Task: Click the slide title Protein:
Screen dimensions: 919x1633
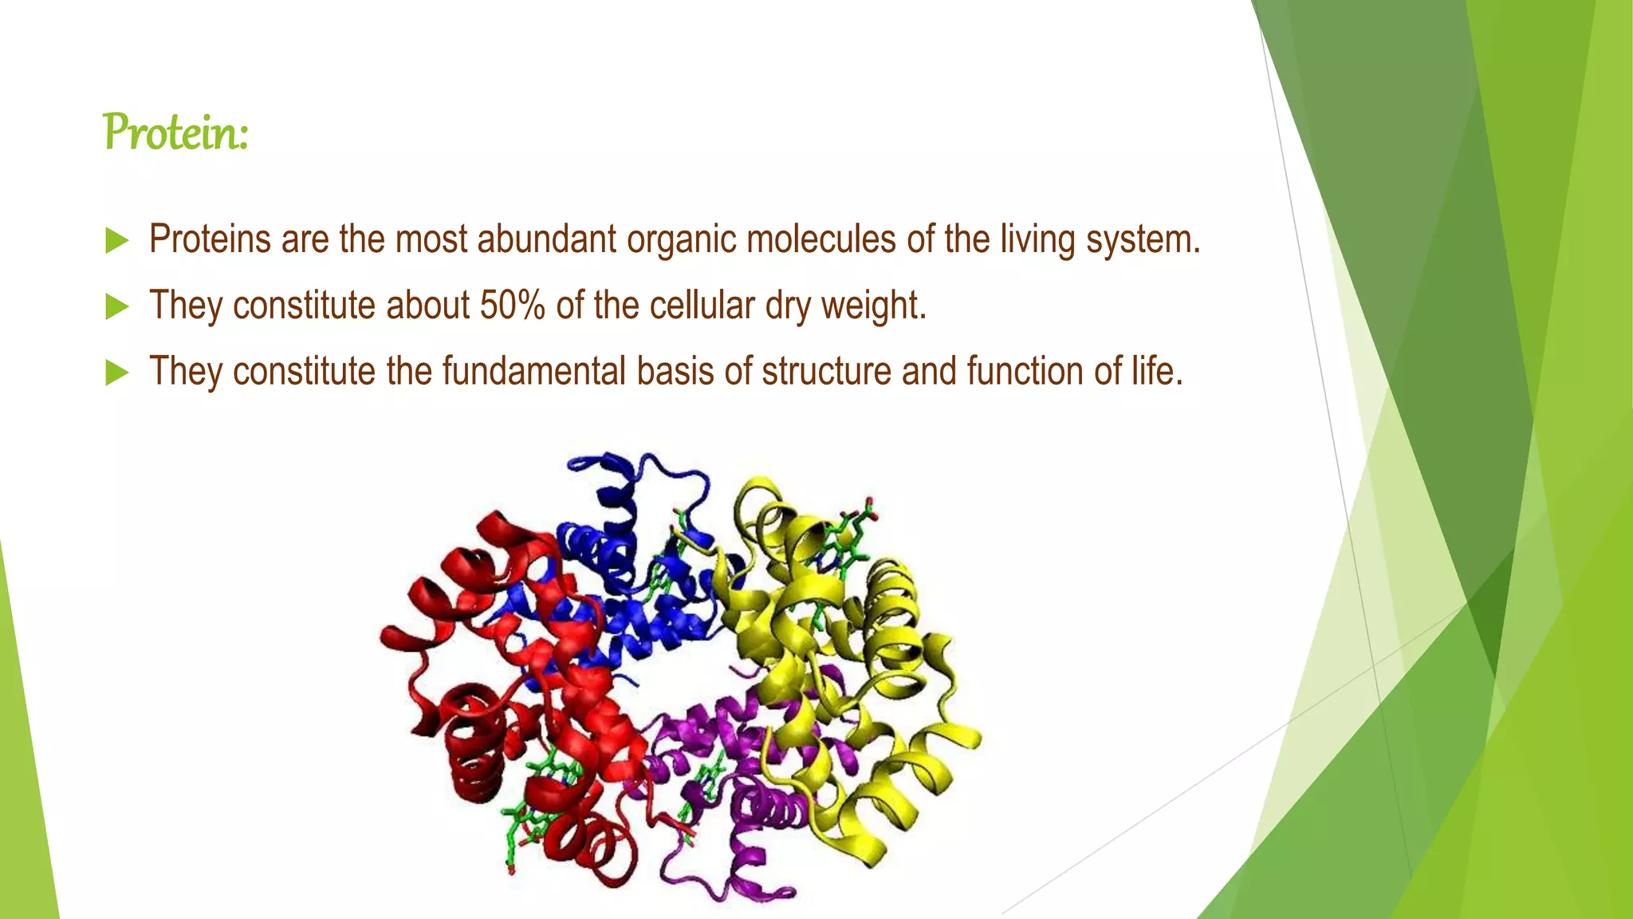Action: tap(175, 132)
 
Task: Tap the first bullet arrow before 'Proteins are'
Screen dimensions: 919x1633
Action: tap(116, 240)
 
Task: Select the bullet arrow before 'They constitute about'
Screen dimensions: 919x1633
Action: tap(116, 306)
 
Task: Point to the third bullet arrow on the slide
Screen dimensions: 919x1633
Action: tap(116, 373)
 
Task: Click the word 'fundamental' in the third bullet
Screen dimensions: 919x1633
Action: tap(533, 371)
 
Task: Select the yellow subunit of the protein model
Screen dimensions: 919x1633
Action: tap(861, 638)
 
